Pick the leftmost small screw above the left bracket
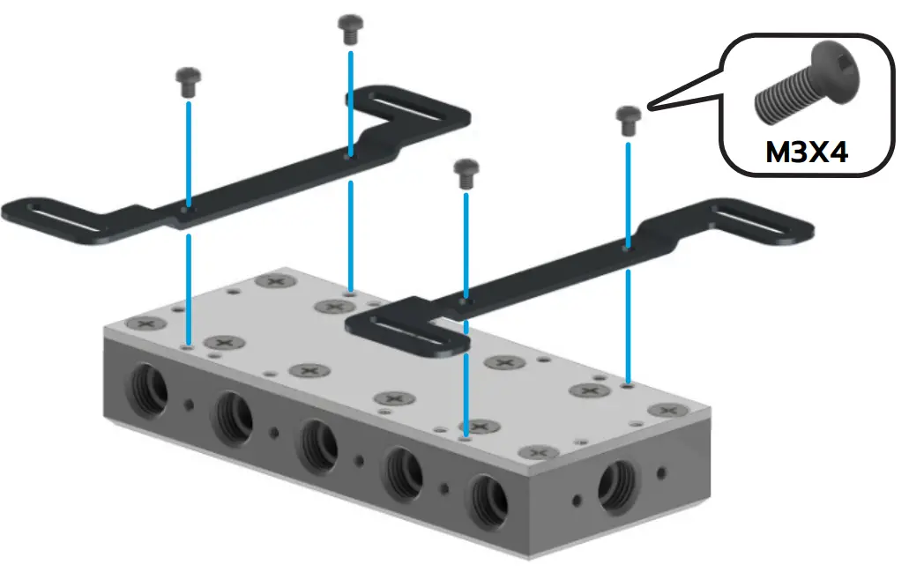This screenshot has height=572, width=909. [188, 80]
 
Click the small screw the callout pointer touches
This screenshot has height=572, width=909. [627, 118]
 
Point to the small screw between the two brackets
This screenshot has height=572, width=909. [465, 171]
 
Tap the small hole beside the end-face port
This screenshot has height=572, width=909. [577, 501]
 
